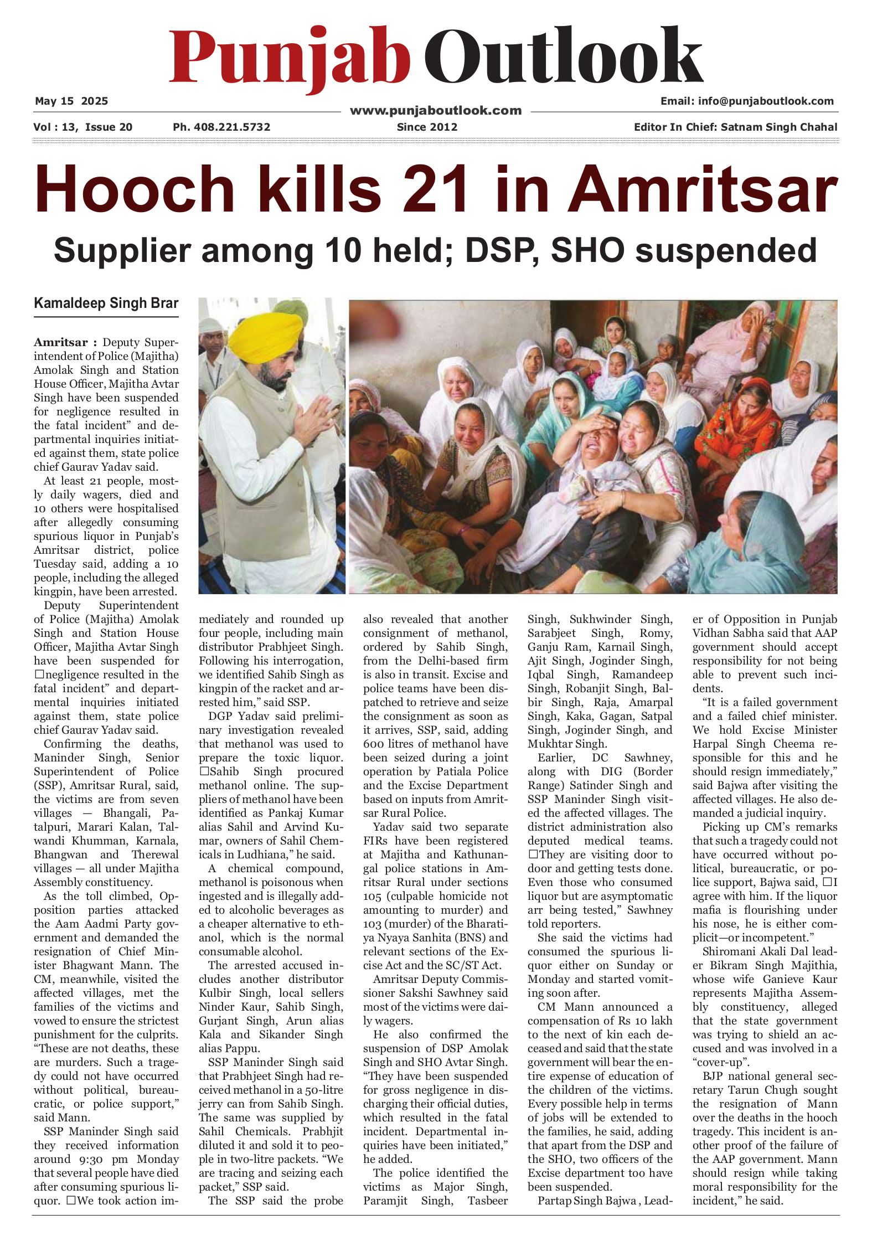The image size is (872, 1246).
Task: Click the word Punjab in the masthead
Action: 289,57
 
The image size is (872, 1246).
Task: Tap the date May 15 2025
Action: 71,101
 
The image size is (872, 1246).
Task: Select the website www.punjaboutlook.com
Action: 436,111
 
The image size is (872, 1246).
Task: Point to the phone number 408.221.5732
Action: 221,127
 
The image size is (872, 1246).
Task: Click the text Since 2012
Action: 427,127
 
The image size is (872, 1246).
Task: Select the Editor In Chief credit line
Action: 735,127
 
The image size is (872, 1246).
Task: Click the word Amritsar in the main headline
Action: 702,189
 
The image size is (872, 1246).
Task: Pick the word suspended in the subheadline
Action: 726,250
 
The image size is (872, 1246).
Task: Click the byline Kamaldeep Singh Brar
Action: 106,303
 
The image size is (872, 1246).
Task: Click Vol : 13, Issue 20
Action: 83,127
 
